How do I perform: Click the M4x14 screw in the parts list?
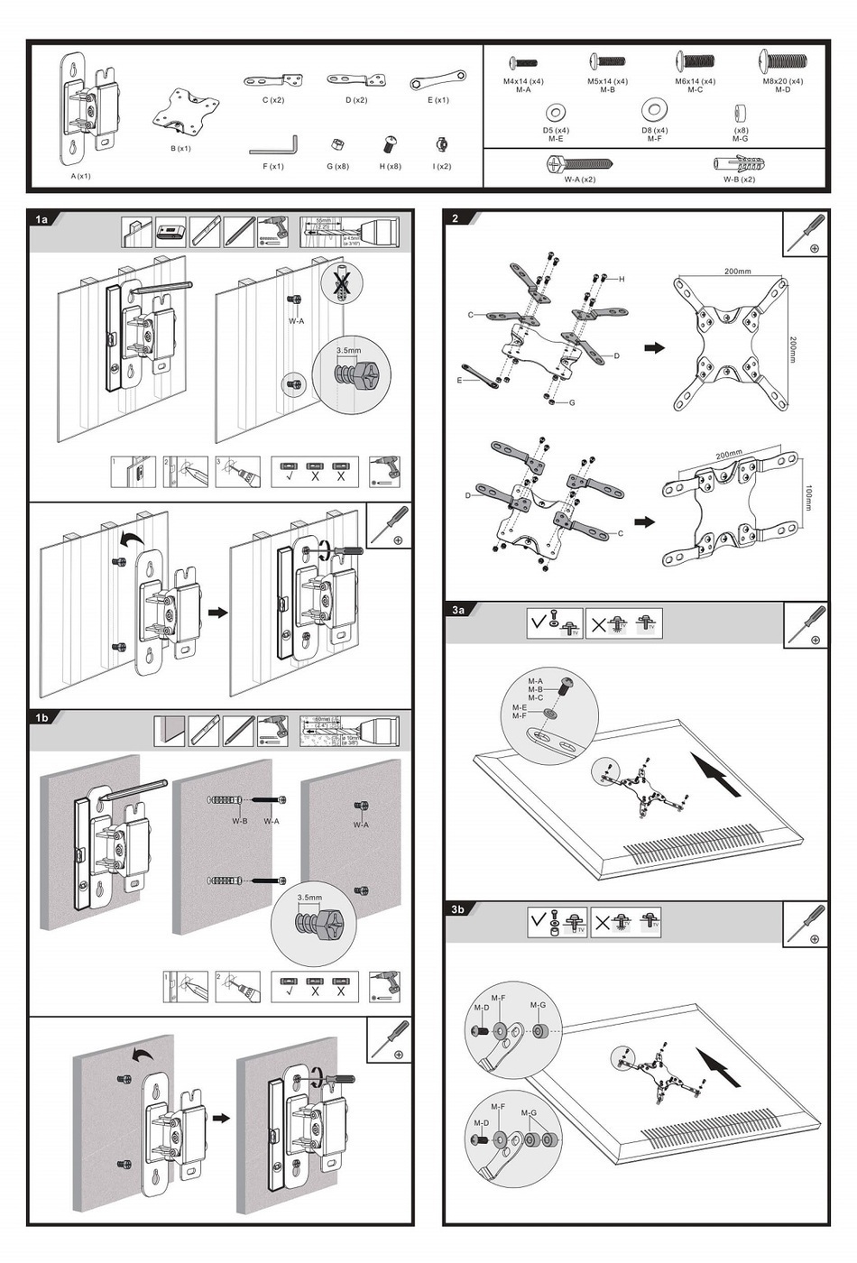pyautogui.click(x=523, y=63)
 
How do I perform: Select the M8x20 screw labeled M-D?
pyautogui.click(x=783, y=61)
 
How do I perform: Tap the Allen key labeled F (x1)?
pyautogui.click(x=273, y=144)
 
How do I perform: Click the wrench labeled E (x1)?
pyautogui.click(x=438, y=80)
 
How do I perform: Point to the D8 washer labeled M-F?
pyautogui.click(x=654, y=111)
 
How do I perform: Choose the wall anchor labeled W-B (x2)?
pyautogui.click(x=739, y=163)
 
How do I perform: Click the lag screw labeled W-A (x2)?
pyautogui.click(x=579, y=164)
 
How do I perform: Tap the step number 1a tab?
pyautogui.click(x=41, y=219)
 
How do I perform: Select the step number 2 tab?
pyautogui.click(x=456, y=218)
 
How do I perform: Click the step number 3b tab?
pyautogui.click(x=458, y=909)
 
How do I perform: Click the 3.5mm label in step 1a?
pyautogui.click(x=348, y=350)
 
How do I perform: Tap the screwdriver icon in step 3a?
pyautogui.click(x=805, y=623)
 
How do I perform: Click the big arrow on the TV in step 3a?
pyautogui.click(x=717, y=775)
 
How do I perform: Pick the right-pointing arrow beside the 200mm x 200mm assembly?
pyautogui.click(x=654, y=347)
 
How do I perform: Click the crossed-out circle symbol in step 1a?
pyautogui.click(x=342, y=283)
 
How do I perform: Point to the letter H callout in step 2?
pyautogui.click(x=621, y=280)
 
